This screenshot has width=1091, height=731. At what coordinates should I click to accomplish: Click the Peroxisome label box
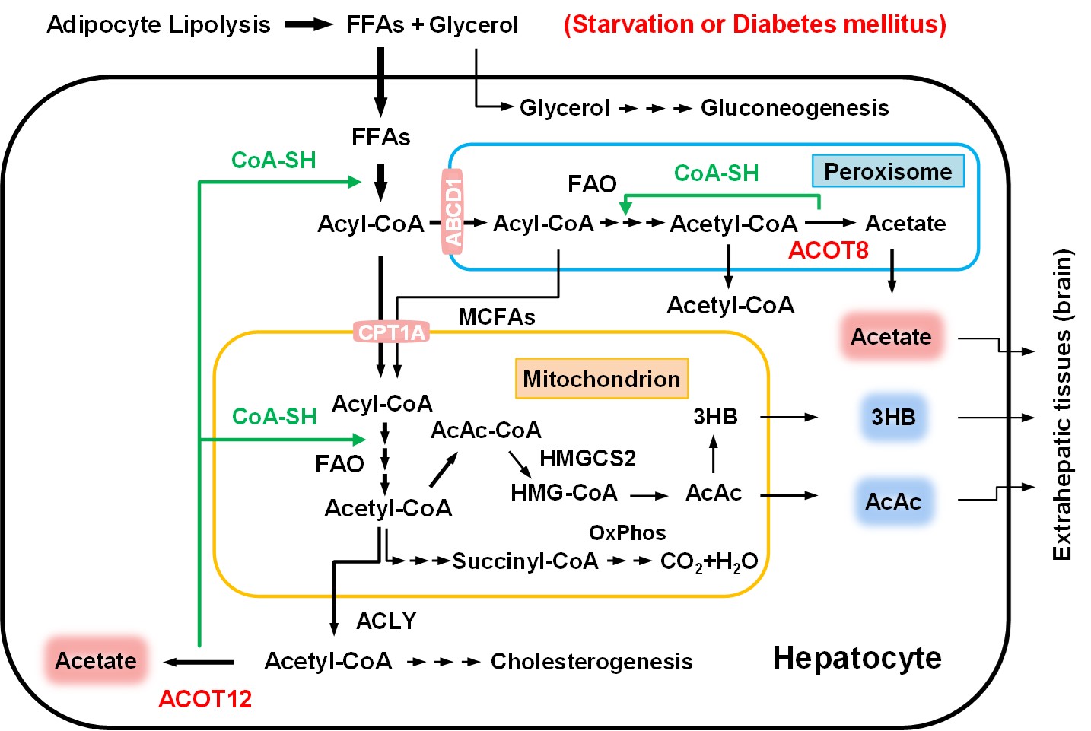coord(888,171)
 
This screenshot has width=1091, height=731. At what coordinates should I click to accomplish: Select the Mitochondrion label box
coord(601,379)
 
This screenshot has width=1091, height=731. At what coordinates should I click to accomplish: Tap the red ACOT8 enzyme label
coord(828,250)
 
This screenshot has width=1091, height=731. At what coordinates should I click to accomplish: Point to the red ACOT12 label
coord(205,698)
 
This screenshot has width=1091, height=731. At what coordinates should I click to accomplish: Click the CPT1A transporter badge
coord(391,332)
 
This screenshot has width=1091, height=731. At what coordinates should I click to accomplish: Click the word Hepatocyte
coord(857,658)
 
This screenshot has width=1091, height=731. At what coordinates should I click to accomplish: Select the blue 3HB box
coord(893,417)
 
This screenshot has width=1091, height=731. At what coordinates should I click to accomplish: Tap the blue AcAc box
coord(893,502)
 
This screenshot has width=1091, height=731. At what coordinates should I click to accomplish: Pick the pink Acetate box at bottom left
coord(96,660)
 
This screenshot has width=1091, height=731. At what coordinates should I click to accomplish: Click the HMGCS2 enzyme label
coord(587,458)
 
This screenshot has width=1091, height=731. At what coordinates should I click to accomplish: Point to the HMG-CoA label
coord(564,493)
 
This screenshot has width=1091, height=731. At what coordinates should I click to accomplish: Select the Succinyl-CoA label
coord(525,561)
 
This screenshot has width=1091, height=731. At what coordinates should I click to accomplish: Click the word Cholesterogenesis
coord(591,662)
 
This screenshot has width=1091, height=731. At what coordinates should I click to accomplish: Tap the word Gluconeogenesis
coord(794,108)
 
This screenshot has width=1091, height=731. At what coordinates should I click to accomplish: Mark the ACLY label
coord(386,621)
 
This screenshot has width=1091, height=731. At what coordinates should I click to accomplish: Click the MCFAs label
coord(496,316)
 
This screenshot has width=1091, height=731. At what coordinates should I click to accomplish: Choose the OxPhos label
coord(627,532)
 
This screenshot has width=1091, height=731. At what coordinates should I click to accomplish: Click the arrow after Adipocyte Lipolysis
coord(308,25)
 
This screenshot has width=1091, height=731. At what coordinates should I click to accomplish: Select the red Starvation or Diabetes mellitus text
coord(755,24)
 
